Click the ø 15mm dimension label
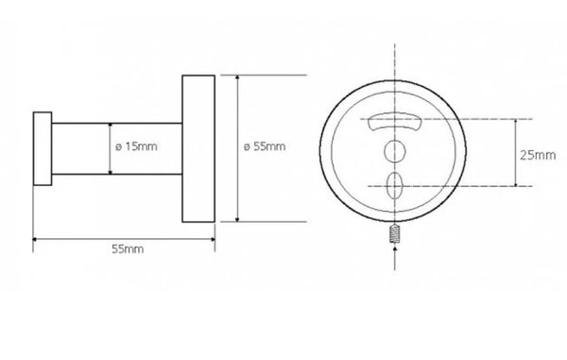point(136,146)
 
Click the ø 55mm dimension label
point(265,146)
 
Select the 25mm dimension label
point(538,155)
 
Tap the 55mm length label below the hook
point(128,249)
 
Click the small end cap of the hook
point(43,148)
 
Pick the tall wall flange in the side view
point(198,148)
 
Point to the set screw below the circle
point(394,233)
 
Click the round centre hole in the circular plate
point(394,151)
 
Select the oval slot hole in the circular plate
point(394,186)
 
